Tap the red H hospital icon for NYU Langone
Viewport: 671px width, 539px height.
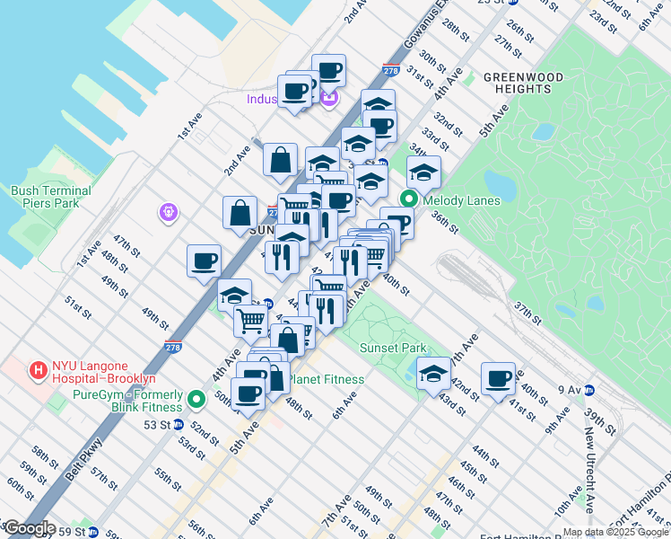click(39, 369)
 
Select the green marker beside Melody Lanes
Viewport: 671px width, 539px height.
click(409, 200)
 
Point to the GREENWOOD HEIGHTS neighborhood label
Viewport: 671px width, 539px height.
click(523, 83)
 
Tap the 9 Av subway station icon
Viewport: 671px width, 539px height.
click(588, 390)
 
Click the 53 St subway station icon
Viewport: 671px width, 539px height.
click(178, 424)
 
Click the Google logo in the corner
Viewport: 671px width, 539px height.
click(29, 528)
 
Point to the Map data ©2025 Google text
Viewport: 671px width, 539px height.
click(615, 532)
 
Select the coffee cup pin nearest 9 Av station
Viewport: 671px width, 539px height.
click(498, 378)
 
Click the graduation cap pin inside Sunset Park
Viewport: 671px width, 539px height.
click(433, 373)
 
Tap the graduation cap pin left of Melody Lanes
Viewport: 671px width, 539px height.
click(370, 179)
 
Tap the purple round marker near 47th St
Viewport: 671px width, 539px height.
click(168, 213)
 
